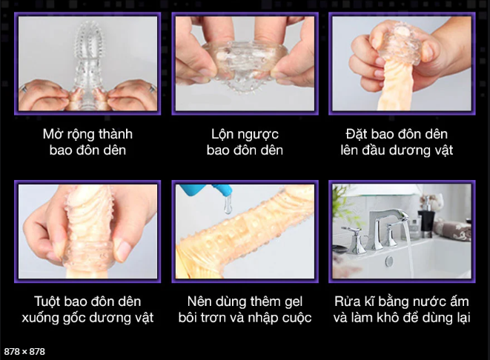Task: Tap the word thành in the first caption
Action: coord(114,134)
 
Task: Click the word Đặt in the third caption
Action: coord(357,134)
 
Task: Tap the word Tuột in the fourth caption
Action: coord(49,301)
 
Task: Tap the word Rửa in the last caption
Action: coord(351,301)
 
